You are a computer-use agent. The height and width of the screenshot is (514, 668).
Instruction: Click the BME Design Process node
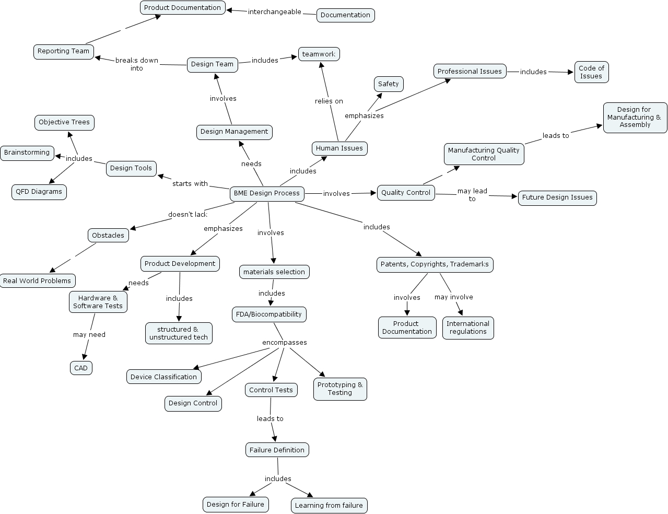click(267, 193)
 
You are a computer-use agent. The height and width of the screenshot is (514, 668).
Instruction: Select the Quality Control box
click(406, 193)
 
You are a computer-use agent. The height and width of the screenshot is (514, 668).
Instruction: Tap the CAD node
click(81, 368)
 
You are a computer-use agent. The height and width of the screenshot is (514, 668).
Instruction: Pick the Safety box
click(389, 84)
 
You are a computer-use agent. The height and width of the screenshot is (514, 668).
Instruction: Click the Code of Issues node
click(591, 72)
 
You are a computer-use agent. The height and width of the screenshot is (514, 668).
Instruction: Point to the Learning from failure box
click(329, 506)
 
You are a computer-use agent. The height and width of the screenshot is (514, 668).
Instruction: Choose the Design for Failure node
click(236, 505)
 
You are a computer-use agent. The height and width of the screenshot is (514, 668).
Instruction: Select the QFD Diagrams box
click(39, 192)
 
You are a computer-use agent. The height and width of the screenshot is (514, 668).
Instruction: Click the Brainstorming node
click(27, 153)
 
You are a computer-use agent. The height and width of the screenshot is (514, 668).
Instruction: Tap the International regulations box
click(468, 328)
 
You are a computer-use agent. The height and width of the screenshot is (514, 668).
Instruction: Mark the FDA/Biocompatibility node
click(269, 314)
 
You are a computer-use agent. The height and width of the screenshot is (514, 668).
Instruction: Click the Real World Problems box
click(37, 281)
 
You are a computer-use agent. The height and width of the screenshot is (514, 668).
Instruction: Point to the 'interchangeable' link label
click(275, 12)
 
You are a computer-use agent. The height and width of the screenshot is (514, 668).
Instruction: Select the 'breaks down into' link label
click(137, 64)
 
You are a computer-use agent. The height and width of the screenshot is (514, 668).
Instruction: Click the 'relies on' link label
click(329, 101)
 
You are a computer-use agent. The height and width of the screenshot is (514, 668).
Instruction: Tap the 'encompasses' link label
click(285, 343)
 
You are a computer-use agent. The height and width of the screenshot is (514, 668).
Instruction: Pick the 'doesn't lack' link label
click(187, 215)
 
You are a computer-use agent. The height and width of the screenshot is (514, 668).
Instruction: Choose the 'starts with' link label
click(190, 184)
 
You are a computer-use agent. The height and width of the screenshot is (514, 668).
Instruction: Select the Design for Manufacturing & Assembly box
click(635, 118)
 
